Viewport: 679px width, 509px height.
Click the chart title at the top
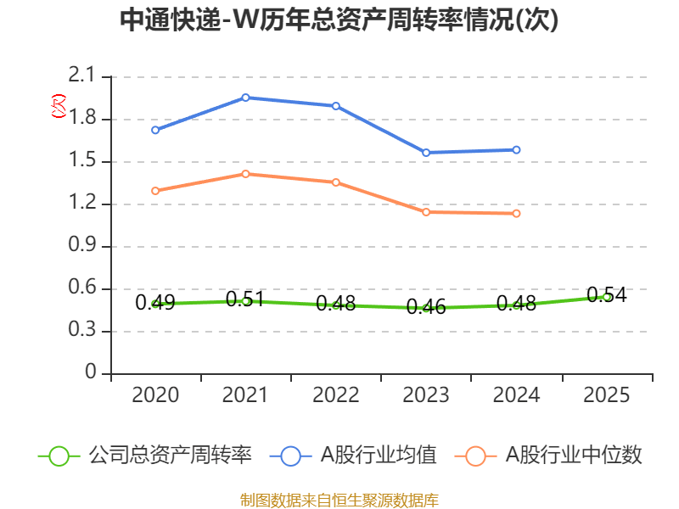339,20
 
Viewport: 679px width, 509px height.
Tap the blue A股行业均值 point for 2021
245,98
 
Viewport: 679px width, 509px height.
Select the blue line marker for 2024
516,150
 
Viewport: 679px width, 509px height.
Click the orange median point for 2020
155,191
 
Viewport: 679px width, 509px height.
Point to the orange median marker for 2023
426,212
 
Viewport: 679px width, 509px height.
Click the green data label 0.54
606,295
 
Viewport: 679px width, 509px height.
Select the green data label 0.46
426,307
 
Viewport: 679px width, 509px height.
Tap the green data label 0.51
245,299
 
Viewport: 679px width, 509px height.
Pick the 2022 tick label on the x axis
336,395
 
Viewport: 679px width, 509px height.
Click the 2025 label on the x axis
606,395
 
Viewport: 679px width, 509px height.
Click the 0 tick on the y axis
92,374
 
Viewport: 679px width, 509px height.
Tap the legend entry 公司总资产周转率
170,456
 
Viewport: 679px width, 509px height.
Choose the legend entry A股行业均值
378,456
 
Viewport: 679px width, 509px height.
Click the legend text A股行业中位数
574,456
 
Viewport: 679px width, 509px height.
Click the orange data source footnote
339,500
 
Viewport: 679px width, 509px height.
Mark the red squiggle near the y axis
58,106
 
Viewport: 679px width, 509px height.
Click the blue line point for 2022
336,106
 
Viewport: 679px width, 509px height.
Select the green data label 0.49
155,302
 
